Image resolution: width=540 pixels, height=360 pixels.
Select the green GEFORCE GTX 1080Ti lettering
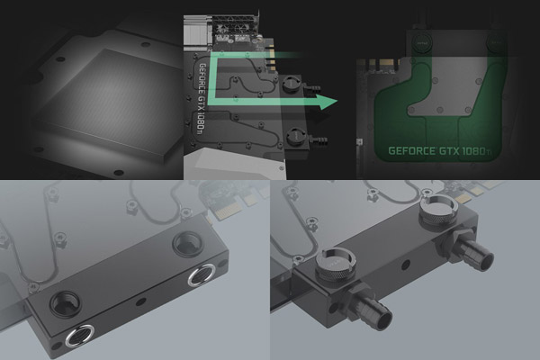(439, 151)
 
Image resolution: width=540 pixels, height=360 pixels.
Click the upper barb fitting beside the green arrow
(313, 85)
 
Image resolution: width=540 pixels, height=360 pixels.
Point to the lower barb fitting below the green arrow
(318, 139)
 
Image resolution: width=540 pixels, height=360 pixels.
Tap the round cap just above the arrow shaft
(291, 84)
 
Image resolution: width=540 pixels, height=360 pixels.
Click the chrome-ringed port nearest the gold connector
(202, 275)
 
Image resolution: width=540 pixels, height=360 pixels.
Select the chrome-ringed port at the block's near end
(80, 336)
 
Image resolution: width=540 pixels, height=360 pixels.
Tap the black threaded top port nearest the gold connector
(185, 243)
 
